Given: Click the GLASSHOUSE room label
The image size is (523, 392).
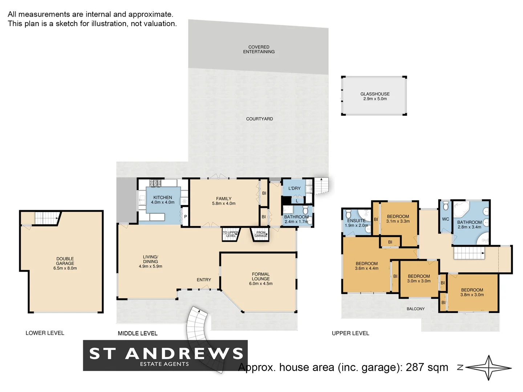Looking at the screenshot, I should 375,96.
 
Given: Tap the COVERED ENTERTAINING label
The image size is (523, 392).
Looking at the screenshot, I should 259,49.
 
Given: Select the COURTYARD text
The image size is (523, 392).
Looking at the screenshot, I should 259,119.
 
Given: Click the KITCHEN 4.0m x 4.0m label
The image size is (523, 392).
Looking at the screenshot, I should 162,200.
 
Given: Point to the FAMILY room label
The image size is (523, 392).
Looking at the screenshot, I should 223,201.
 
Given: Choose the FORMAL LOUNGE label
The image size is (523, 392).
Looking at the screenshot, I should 260,279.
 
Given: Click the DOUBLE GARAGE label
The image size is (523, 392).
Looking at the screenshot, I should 65,264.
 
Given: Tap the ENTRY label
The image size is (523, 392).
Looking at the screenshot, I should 204,280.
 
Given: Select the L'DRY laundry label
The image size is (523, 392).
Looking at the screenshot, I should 294,188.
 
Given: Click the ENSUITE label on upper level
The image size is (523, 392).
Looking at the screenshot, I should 356,223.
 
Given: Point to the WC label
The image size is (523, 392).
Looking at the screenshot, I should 445,219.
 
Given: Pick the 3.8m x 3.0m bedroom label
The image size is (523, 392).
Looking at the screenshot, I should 472,292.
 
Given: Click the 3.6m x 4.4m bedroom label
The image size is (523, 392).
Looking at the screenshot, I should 366,266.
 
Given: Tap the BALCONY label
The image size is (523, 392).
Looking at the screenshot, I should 415,309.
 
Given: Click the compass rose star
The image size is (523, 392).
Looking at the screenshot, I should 489,368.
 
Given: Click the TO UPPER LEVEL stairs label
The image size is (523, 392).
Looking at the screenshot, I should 230,234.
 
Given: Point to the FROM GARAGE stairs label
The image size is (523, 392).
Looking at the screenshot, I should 260,234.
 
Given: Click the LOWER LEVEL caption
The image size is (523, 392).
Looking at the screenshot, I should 45,333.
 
